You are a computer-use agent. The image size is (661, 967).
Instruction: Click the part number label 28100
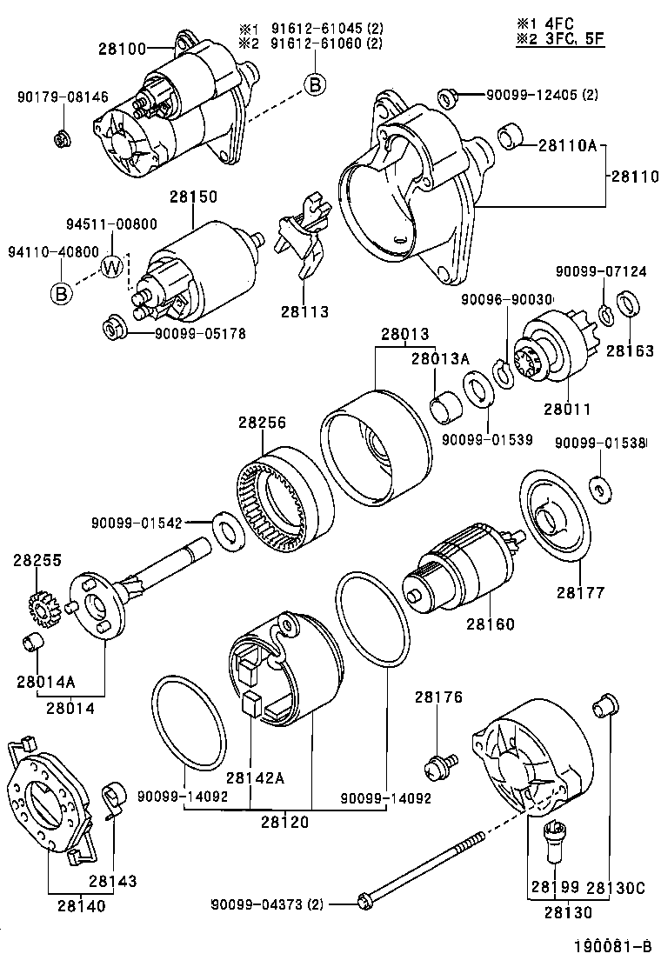123,50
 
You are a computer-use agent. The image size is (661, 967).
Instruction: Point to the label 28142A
255,777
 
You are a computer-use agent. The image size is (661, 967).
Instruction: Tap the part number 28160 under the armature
489,624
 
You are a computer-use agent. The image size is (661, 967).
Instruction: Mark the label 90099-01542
135,523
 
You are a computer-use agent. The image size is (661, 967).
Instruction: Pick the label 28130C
615,888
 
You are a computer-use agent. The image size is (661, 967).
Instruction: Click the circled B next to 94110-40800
61,293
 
